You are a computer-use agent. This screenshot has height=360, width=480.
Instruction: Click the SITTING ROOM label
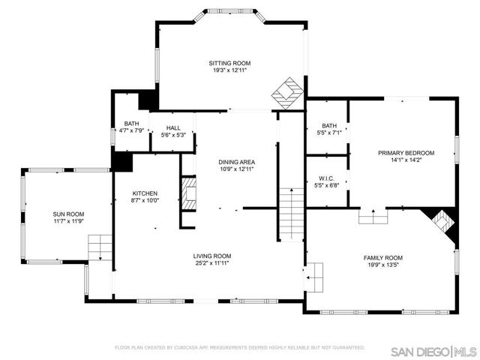(x=229, y=63)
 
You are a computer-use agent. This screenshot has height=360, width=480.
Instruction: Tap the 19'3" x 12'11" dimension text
(x=229, y=70)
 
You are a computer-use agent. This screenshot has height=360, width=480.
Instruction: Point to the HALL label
(x=174, y=128)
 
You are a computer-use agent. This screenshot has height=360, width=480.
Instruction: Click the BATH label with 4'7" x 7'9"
(x=132, y=124)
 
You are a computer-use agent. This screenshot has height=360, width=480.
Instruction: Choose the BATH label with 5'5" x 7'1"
(x=329, y=125)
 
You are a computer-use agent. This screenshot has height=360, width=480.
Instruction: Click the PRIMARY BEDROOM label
(x=406, y=153)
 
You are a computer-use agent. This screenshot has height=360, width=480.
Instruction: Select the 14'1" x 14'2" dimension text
(x=406, y=160)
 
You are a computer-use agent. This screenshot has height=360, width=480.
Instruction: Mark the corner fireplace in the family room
(x=442, y=222)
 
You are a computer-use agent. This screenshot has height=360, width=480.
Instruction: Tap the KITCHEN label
(x=145, y=193)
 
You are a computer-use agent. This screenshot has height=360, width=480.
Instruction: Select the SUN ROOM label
(x=68, y=214)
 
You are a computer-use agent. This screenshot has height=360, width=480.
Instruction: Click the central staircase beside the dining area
(x=290, y=214)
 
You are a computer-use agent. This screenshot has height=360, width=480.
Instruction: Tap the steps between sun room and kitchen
(x=99, y=247)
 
